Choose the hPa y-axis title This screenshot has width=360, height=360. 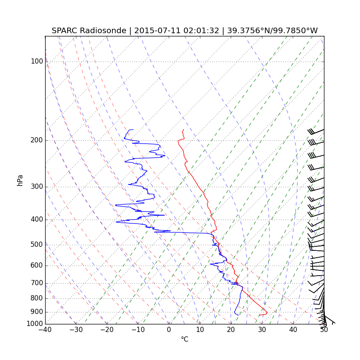tap(20, 180)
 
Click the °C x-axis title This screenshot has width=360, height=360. tap(184, 339)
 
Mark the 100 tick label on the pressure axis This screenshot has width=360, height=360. tap(37, 62)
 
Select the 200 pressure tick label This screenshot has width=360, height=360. tap(37, 140)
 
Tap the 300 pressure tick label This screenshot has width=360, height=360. tap(37, 187)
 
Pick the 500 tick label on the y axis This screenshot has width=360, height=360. tap(37, 245)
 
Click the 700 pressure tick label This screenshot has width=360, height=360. tap(37, 283)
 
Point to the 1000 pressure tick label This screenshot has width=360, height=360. tap(35, 324)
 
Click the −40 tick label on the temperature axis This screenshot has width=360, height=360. tap(45, 330)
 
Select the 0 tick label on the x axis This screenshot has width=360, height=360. tap(169, 330)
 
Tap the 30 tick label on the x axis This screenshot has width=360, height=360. tap(262, 330)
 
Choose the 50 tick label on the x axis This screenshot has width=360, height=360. tap(324, 330)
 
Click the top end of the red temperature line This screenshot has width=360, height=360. tap(183, 130)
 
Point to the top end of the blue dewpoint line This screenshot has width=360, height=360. tap(133, 130)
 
